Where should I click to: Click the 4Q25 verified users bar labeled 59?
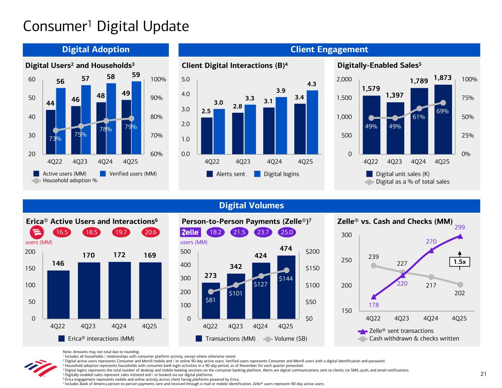coord(136,117)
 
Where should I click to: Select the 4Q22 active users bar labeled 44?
coord(51,132)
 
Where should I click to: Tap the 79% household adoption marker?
coord(132,118)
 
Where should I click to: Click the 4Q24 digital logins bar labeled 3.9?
coord(281,125)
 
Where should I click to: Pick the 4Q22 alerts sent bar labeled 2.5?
coord(207,135)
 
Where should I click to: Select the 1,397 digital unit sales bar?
coord(395,128)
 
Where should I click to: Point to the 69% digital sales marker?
coord(443,103)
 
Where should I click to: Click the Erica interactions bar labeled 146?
coord(58,294)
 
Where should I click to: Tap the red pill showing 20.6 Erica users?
coord(150,232)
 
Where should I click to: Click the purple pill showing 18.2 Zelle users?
coord(215,232)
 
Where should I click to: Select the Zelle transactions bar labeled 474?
coord(286,287)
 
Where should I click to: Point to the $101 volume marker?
coord(236,285)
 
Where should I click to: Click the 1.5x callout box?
coord(460,262)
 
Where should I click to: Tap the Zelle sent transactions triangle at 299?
coord(460,236)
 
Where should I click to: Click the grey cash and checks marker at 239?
coord(374,265)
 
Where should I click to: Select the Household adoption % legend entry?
coord(65,181)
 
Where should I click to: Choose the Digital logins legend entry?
coord(277,174)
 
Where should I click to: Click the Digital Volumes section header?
coord(251,206)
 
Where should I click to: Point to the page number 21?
coord(483,374)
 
